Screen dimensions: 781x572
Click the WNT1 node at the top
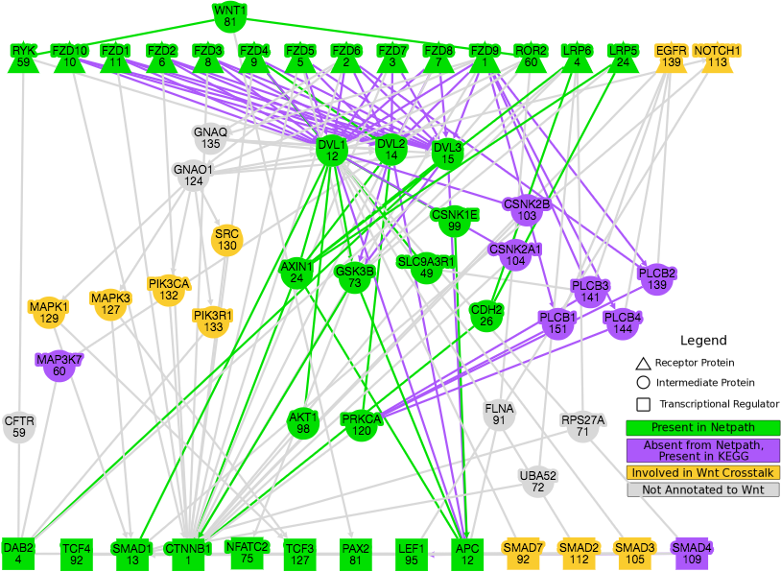230,17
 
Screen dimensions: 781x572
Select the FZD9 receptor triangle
485,58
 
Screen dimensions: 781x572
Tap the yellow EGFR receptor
671,58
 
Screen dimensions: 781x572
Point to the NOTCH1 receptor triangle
718,58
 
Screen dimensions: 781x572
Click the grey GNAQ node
210,138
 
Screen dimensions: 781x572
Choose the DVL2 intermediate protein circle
391,150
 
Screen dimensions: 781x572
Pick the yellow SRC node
227,240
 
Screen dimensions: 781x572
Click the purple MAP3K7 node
59,366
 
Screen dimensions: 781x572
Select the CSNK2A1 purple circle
515,254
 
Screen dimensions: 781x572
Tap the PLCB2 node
657,279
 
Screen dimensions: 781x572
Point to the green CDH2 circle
486,316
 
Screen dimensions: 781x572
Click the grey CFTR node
19,427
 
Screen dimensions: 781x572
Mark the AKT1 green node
303,423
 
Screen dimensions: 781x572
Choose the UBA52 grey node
538,482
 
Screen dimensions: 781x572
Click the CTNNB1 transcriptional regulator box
188,554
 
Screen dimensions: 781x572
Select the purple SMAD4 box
692,554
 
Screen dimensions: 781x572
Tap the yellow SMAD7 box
523,554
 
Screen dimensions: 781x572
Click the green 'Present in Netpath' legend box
702,427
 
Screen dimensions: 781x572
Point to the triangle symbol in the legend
643,363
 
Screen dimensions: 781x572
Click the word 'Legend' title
703,341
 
